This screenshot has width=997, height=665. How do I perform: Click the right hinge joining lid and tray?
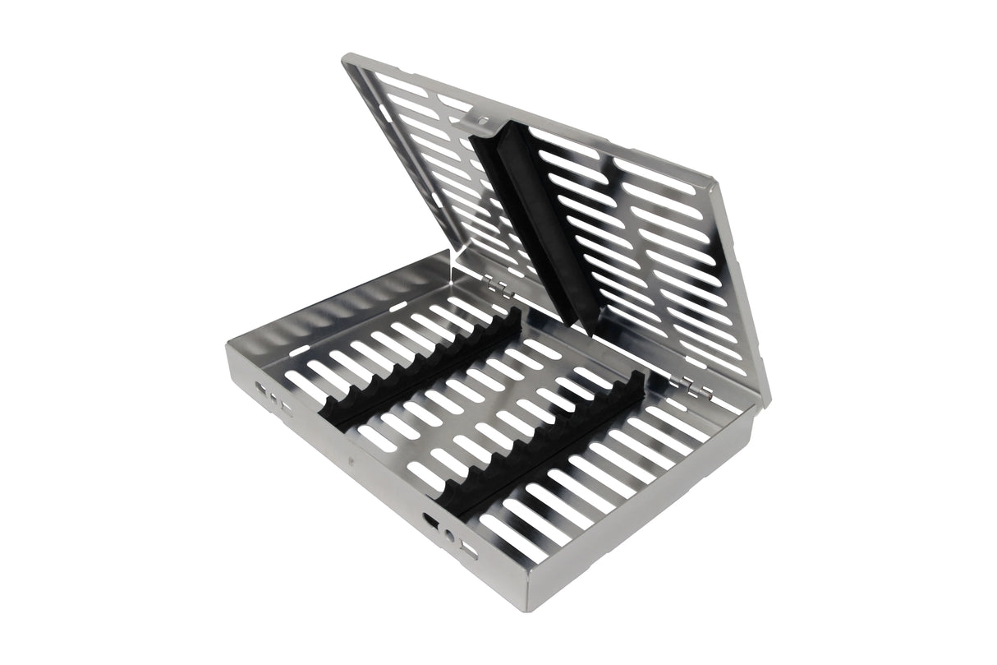coord(684,380)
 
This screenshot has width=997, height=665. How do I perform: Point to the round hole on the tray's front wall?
coord(449,535)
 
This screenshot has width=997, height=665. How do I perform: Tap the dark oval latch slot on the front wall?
coord(430,520)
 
